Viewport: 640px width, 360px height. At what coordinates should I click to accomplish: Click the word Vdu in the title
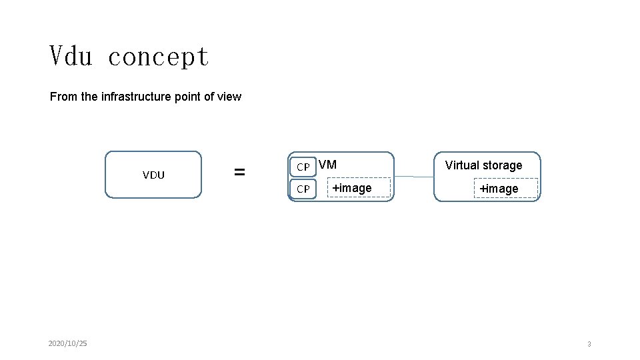point(71,55)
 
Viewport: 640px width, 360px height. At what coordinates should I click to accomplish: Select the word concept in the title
point(159,57)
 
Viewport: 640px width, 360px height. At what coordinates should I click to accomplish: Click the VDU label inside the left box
point(153,175)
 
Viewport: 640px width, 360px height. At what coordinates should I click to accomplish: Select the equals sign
point(239,172)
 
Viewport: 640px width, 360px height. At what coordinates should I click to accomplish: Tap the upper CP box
point(303,167)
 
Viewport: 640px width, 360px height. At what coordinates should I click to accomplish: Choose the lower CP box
point(303,189)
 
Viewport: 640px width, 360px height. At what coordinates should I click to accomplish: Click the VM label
point(327,165)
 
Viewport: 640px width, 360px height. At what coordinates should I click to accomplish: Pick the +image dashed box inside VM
point(359,188)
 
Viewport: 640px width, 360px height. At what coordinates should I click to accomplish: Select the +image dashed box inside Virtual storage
point(506,188)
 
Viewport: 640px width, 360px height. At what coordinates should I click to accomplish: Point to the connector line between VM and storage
point(414,177)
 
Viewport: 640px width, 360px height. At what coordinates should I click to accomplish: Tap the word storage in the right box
point(502,165)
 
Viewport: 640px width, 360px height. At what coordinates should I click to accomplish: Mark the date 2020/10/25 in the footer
point(68,343)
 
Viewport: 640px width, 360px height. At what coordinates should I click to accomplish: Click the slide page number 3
point(589,344)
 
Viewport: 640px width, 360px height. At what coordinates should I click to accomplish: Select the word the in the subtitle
point(89,96)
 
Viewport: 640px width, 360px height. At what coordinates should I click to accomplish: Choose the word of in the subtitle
point(209,96)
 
